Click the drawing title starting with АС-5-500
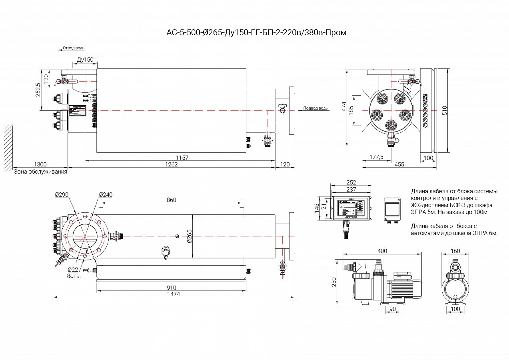(x=256, y=32)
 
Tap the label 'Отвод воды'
(x=74, y=48)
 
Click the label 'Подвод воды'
(x=316, y=108)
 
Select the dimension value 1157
(x=182, y=158)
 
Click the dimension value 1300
(x=40, y=164)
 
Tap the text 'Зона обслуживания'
(x=40, y=172)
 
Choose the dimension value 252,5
(x=38, y=90)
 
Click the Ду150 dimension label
(x=85, y=60)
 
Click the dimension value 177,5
(x=376, y=157)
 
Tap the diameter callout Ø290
(x=62, y=195)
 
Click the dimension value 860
(x=171, y=200)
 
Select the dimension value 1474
(x=174, y=294)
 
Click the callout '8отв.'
(x=74, y=276)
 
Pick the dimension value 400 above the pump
(x=382, y=251)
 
